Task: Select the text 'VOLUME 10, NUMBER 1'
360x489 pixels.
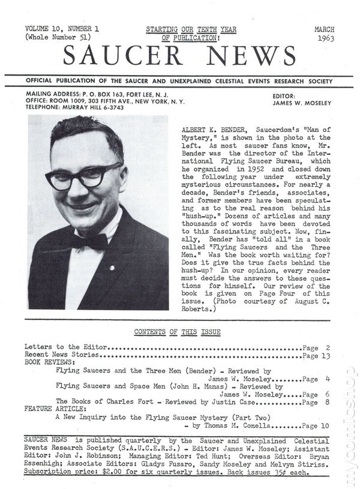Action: [63, 29]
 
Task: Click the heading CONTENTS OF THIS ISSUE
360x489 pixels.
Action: [177, 332]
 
